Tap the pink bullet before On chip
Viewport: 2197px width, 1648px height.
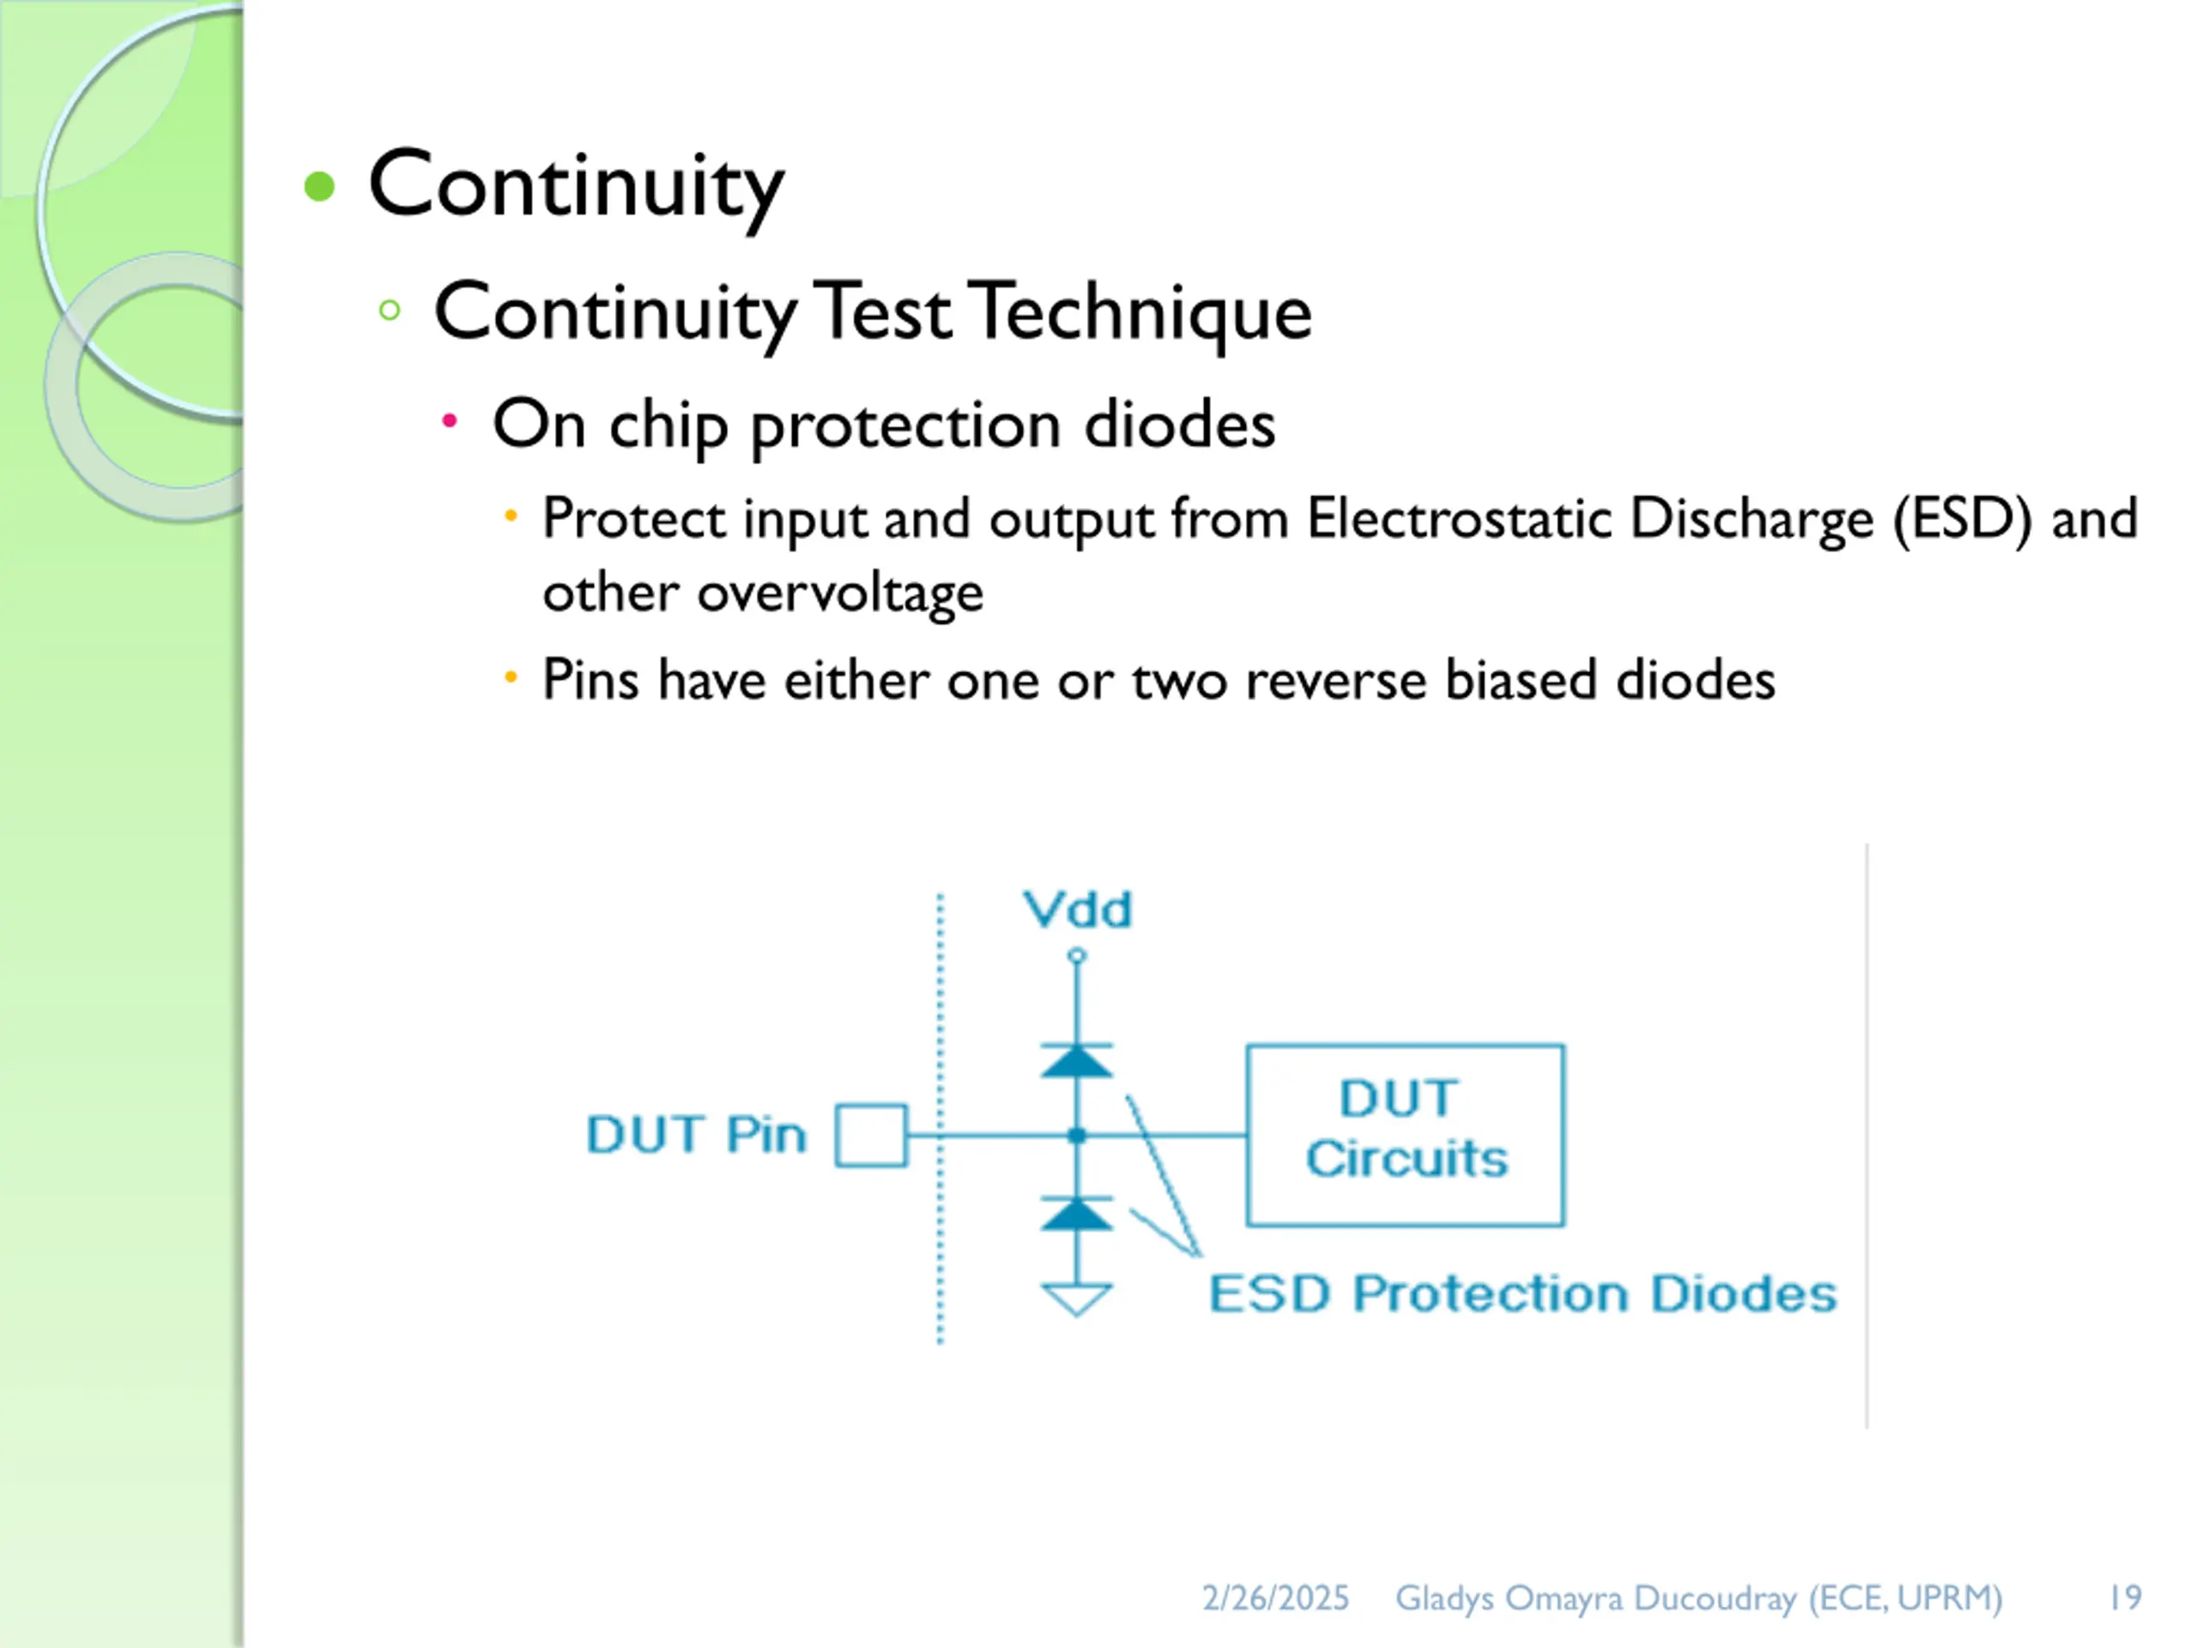(449, 421)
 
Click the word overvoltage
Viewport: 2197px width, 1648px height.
(839, 593)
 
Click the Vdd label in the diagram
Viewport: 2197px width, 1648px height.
(1077, 909)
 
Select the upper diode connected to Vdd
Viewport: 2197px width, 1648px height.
(1077, 1060)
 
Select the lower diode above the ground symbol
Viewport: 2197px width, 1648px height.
(1077, 1213)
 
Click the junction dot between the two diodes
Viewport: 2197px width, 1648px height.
(1077, 1135)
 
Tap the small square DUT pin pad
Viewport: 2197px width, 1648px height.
(871, 1135)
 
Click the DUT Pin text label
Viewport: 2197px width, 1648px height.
(696, 1135)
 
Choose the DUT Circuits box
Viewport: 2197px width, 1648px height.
(1406, 1135)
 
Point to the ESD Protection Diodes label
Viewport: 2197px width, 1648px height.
(1522, 1294)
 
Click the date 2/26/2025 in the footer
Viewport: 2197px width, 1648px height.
(1275, 1598)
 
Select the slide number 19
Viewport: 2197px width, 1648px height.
(2126, 1598)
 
